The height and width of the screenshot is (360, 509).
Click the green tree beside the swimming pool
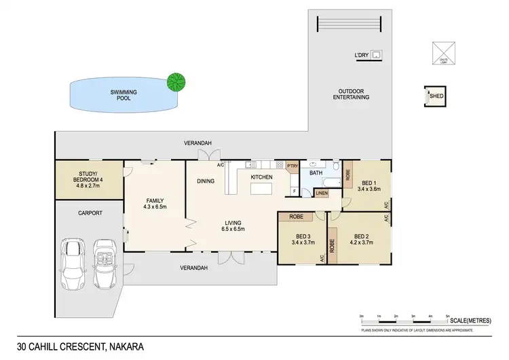(x=176, y=83)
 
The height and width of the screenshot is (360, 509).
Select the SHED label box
(x=436, y=96)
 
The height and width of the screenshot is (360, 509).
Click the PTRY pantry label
(x=293, y=166)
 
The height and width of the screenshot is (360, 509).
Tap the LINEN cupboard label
(x=322, y=194)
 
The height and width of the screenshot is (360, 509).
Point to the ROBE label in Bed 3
(x=295, y=217)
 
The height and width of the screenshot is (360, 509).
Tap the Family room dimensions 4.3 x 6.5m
(x=155, y=208)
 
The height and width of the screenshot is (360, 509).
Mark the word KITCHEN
(x=261, y=177)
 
